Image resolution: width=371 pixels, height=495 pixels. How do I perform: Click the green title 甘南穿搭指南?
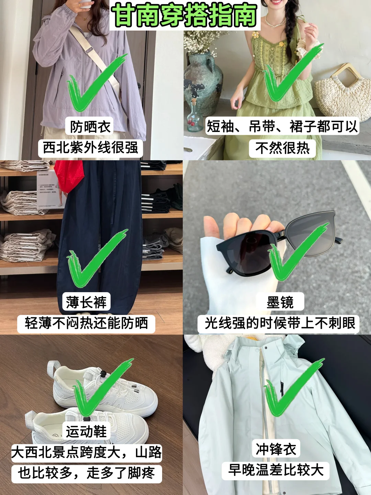tap(185, 15)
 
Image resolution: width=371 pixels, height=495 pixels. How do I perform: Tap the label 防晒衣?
tap(90, 127)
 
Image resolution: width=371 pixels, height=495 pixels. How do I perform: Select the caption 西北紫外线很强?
tap(90, 148)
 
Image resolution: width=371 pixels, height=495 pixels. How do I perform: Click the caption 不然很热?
tap(282, 148)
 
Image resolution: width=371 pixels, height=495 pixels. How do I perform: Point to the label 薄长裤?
tap(86, 302)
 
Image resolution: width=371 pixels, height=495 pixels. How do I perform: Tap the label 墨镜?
tap(280, 302)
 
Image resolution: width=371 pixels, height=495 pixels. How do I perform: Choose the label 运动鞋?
tap(86, 431)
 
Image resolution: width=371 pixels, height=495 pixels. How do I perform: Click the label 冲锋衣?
tap(276, 449)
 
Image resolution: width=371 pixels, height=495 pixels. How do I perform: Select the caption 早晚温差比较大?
tap(276, 470)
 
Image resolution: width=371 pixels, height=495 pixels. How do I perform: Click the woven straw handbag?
tap(344, 93)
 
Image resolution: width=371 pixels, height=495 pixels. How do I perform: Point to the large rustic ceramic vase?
tap(203, 79)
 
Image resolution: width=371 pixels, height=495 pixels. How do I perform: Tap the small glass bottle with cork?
tap(194, 117)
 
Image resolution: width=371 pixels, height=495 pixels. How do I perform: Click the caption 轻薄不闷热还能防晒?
tap(86, 323)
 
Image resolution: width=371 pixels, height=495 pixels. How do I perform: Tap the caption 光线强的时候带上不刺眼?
tap(279, 323)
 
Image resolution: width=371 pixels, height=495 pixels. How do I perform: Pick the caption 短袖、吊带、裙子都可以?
tap(282, 126)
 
